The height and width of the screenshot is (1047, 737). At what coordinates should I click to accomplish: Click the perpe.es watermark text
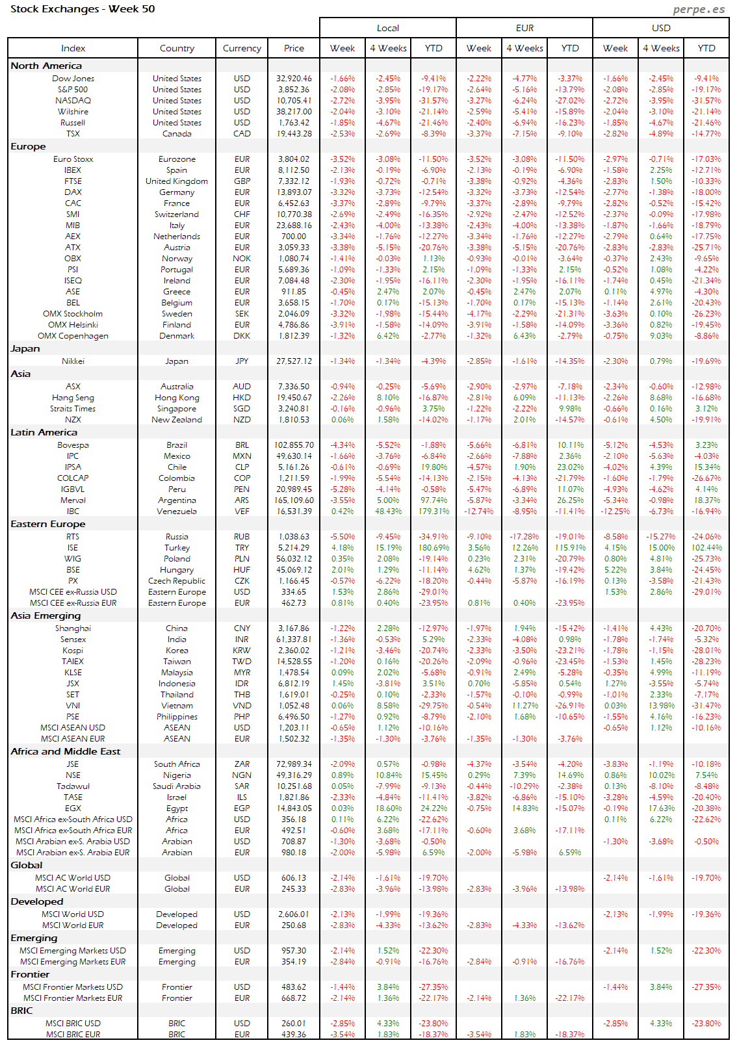click(x=699, y=9)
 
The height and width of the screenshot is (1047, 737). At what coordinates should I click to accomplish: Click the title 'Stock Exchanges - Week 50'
click(x=83, y=9)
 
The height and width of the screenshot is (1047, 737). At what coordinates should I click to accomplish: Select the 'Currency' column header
click(x=242, y=48)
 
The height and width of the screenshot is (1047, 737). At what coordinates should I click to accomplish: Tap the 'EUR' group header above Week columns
click(x=524, y=28)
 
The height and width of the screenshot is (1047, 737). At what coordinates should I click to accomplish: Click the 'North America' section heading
click(x=46, y=66)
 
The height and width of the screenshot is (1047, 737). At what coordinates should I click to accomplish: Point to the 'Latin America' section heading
click(x=44, y=432)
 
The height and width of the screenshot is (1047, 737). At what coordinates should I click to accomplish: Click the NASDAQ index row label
click(x=73, y=101)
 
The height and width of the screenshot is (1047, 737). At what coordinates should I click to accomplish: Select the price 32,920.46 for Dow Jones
click(x=294, y=79)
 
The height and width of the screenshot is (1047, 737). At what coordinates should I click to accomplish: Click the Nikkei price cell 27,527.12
click(x=294, y=361)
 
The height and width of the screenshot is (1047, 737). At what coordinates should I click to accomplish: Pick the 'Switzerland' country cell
click(x=177, y=214)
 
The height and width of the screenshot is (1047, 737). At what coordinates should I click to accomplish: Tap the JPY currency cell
click(x=242, y=361)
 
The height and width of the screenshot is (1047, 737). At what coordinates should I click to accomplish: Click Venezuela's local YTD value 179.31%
click(x=433, y=511)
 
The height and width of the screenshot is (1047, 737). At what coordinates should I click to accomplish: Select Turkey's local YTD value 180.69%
click(x=433, y=548)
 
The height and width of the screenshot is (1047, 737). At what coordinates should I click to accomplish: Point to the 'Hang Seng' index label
click(x=73, y=398)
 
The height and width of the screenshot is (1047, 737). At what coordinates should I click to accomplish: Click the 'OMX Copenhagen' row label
click(x=73, y=336)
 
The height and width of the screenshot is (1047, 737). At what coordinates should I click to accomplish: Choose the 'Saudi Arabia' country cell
click(x=177, y=786)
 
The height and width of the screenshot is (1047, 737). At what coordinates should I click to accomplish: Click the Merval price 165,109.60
click(x=294, y=500)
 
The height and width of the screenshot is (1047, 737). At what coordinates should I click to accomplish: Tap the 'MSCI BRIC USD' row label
click(x=73, y=1024)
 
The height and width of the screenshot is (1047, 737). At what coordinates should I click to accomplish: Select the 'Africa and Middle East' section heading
click(x=66, y=751)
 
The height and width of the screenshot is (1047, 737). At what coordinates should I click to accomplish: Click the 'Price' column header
click(x=294, y=48)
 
